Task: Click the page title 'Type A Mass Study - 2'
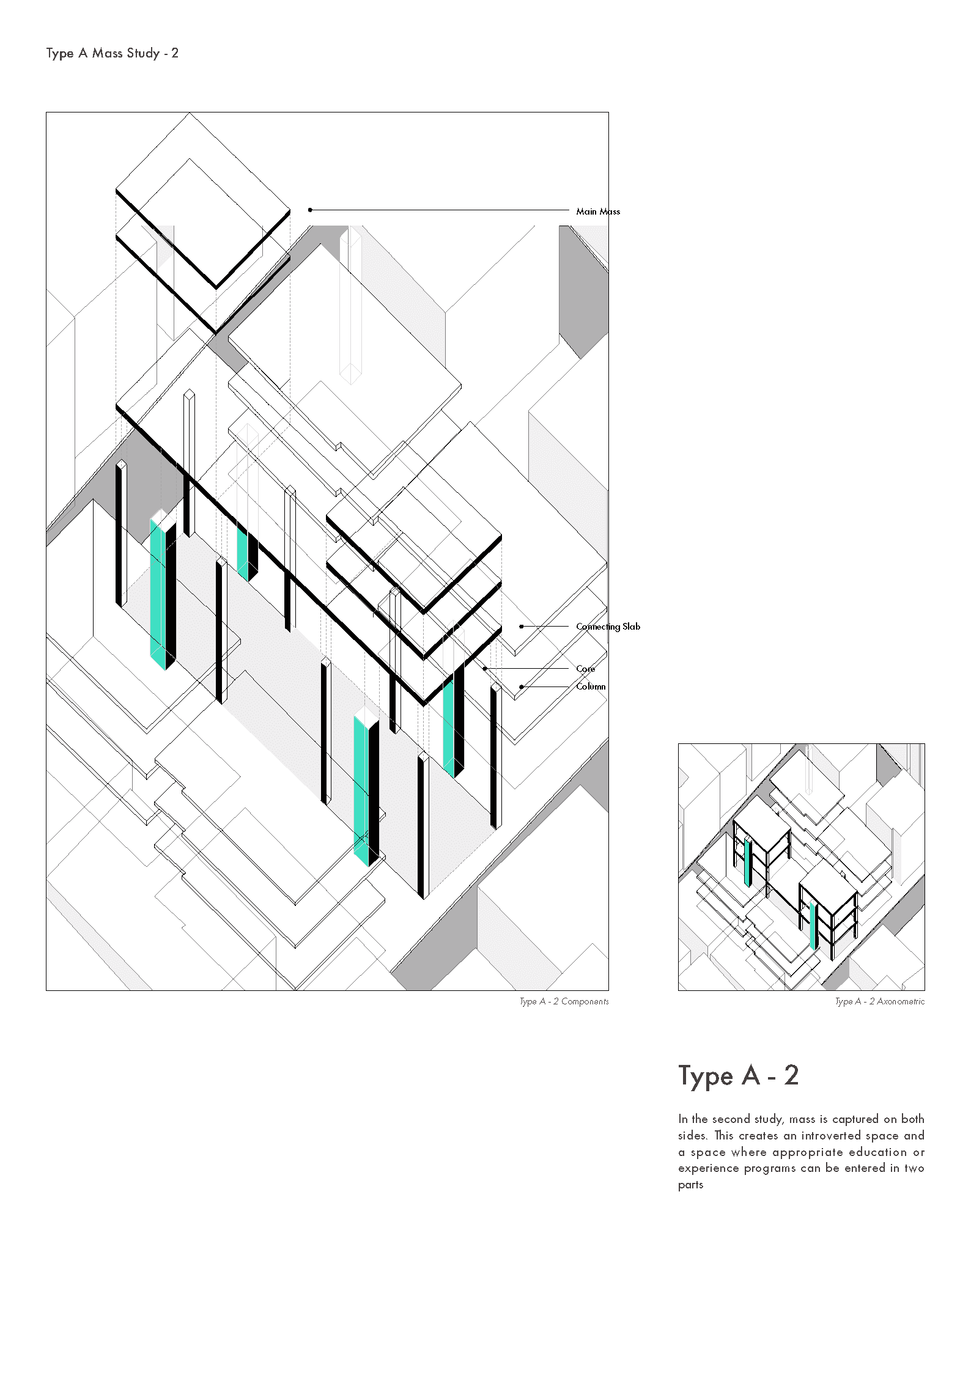(x=113, y=53)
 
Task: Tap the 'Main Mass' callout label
(x=598, y=212)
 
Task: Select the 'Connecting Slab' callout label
(x=608, y=627)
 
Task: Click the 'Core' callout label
(x=585, y=669)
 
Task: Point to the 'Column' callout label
(x=591, y=686)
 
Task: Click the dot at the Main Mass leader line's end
(x=310, y=210)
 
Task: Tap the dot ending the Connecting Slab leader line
(x=521, y=627)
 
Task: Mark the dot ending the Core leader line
(x=485, y=669)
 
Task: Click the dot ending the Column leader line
(x=521, y=687)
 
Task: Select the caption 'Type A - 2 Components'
(x=564, y=1001)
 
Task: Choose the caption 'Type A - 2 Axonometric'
(x=880, y=1001)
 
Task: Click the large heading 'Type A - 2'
(x=739, y=1076)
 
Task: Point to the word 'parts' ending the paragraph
(x=691, y=1185)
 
